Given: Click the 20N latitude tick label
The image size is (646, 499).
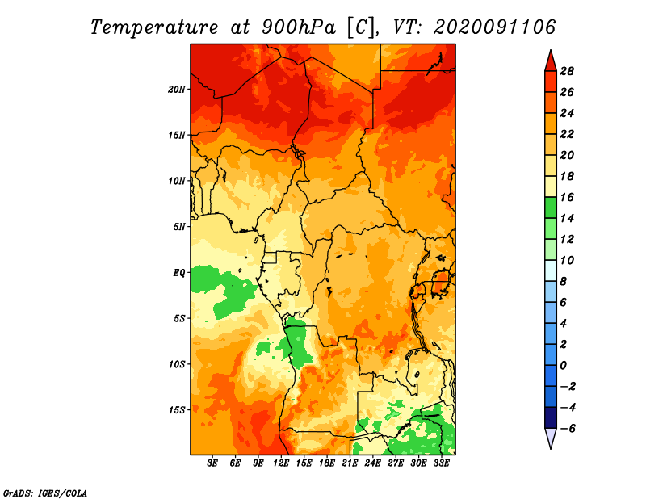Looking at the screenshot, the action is click(x=177, y=90).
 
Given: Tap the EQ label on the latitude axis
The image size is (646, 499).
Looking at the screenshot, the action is click(x=179, y=273).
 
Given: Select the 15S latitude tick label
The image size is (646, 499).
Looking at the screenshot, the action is click(x=177, y=410).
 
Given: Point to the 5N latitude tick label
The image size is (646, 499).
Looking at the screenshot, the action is click(x=179, y=227).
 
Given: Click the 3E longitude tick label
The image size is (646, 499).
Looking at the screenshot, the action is click(x=212, y=463).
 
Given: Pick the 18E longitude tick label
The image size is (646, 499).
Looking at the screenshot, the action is click(x=327, y=463).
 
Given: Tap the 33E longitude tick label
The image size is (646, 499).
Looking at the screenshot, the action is click(x=441, y=463).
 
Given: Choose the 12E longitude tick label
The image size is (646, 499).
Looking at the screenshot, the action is click(x=281, y=463).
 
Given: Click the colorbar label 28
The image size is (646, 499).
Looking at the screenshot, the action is click(x=567, y=71).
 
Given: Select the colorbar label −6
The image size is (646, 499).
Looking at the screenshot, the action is click(x=567, y=429).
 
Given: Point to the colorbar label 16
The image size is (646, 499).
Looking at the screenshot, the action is click(x=567, y=197).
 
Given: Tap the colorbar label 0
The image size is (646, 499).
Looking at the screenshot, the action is click(x=563, y=366).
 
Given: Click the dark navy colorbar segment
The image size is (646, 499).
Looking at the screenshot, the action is click(x=551, y=417).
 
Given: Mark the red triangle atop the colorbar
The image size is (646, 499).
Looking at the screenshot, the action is click(x=551, y=62).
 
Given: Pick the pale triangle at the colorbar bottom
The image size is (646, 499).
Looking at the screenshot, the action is click(x=551, y=438).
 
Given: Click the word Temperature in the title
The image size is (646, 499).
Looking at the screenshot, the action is click(x=154, y=27).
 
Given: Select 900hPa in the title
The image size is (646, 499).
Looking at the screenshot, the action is click(x=299, y=27).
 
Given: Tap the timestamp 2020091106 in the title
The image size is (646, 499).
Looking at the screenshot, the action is click(x=495, y=27).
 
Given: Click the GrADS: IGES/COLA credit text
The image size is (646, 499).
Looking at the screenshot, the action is click(x=45, y=493).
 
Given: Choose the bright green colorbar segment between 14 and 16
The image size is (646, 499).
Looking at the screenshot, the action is click(x=551, y=208).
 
